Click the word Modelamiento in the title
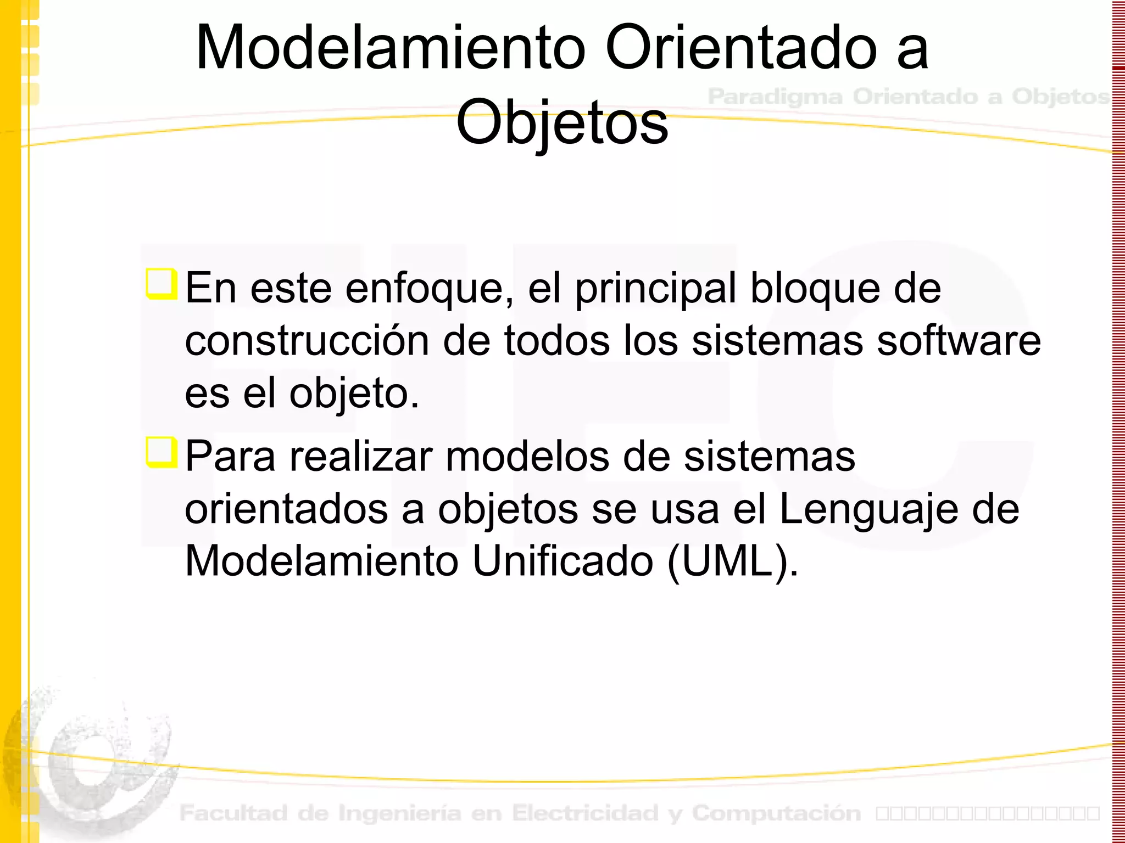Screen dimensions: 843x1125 click(391, 48)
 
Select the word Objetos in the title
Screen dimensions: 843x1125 click(562, 123)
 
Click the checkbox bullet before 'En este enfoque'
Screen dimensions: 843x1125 click(161, 284)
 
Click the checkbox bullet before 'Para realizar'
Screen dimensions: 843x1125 click(161, 452)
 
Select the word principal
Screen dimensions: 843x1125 click(655, 289)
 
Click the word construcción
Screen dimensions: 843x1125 click(307, 341)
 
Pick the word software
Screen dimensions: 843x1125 click(959, 341)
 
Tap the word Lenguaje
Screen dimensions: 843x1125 click(868, 510)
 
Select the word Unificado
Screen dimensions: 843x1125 click(562, 561)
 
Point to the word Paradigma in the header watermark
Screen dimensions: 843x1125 click(775, 97)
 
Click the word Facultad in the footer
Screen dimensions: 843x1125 click(233, 813)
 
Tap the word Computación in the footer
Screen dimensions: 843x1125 click(776, 813)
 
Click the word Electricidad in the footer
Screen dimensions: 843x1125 click(585, 813)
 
